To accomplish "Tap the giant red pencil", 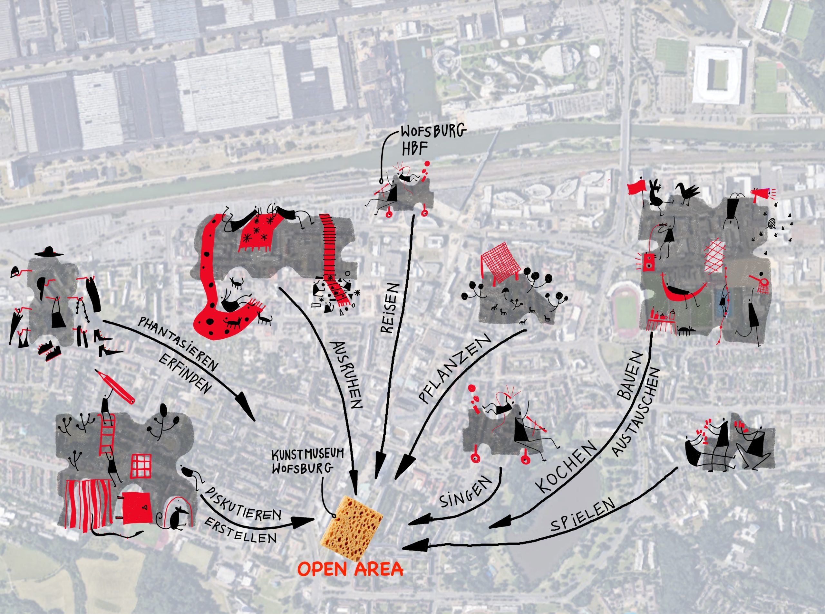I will (116, 387).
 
